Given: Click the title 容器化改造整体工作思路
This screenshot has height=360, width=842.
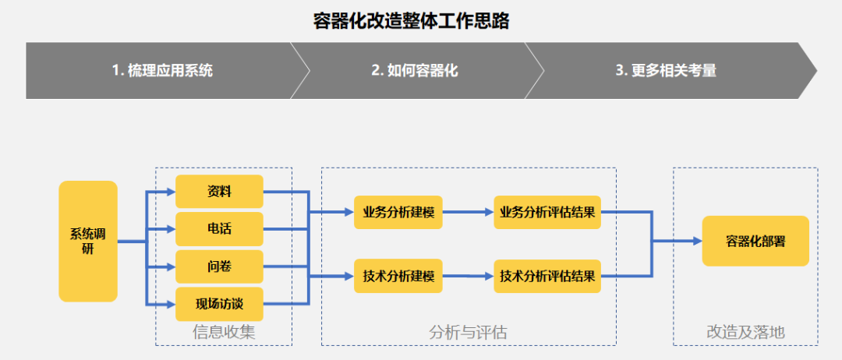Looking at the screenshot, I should click(411, 21).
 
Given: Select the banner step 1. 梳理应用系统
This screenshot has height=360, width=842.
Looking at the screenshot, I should click(162, 70).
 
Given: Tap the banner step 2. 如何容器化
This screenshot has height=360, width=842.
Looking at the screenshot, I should click(414, 70).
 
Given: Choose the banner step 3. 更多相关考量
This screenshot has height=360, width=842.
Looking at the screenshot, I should click(666, 70).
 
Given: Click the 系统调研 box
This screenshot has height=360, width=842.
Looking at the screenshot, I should click(88, 242).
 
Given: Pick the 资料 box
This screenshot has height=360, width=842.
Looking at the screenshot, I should click(219, 192).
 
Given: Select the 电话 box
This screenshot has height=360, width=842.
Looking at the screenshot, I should click(219, 229).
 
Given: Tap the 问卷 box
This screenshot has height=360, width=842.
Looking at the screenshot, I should click(219, 267).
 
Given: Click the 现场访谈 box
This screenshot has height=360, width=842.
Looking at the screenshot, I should click(219, 304).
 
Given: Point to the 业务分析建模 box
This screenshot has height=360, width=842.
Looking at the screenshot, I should click(398, 212).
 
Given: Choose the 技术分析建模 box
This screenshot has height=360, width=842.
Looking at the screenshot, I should click(398, 276).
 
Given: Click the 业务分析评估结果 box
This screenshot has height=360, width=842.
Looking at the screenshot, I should click(548, 212).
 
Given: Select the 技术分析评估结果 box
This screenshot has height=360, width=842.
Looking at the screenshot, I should click(548, 276).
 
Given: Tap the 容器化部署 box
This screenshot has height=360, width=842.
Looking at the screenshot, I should click(755, 242).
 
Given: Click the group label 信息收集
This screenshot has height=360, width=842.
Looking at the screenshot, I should click(224, 333).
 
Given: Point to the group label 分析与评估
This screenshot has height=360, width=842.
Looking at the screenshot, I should click(468, 333).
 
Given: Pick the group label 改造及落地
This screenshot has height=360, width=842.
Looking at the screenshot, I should click(745, 333).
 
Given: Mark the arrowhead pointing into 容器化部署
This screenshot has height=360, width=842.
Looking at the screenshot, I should click(697, 242).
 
